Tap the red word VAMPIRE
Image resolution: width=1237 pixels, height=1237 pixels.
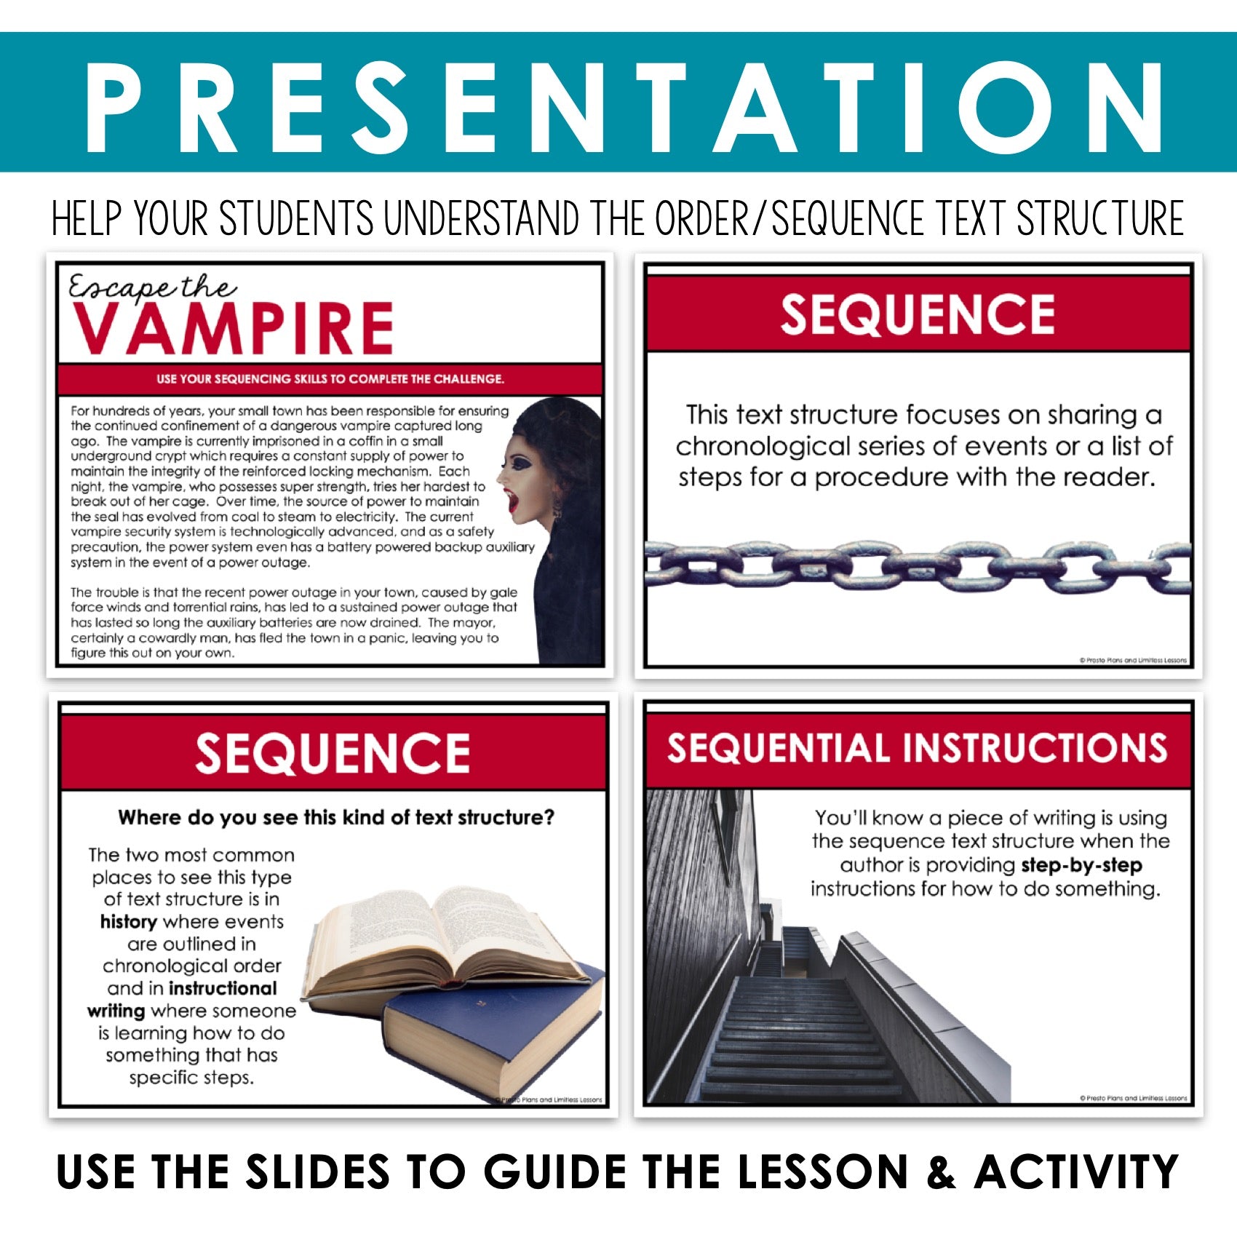click(x=233, y=328)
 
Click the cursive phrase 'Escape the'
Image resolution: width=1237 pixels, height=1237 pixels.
click(x=152, y=287)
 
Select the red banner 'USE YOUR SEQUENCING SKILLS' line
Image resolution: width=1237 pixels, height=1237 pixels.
click(x=330, y=379)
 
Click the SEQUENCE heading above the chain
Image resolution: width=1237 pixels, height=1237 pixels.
click(x=918, y=314)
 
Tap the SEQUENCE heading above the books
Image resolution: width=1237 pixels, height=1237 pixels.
click(x=333, y=753)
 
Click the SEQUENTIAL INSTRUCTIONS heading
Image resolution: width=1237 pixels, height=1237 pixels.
click(x=918, y=748)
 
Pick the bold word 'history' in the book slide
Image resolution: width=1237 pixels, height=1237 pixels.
click(x=129, y=922)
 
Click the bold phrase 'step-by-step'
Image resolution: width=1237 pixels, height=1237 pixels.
click(x=1081, y=866)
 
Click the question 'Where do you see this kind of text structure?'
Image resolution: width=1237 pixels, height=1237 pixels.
click(x=336, y=817)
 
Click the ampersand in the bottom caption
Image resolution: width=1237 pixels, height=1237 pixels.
click(x=941, y=1172)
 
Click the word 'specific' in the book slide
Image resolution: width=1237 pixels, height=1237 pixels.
click(x=158, y=1078)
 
